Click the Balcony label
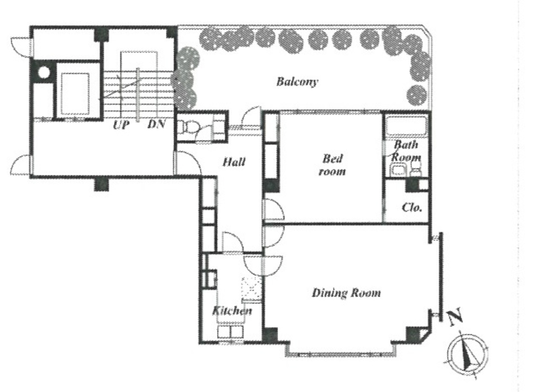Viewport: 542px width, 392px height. [297, 82]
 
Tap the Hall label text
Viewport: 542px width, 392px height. [234, 161]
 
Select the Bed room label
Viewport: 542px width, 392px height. [332, 165]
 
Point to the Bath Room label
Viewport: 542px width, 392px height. [405, 151]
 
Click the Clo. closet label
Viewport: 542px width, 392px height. [412, 208]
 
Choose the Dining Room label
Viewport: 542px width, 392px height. [346, 293]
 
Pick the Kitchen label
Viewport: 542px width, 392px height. [232, 311]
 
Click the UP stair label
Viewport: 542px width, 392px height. [121, 125]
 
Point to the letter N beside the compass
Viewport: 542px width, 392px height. [456, 318]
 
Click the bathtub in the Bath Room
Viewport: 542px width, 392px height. [406, 126]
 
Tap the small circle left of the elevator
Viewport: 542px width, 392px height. [44, 72]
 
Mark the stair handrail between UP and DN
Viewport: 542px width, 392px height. [138, 92]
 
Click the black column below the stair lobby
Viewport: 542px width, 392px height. [101, 184]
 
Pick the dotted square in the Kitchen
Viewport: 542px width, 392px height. [252, 289]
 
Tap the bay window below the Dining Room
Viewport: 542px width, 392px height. [339, 353]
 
